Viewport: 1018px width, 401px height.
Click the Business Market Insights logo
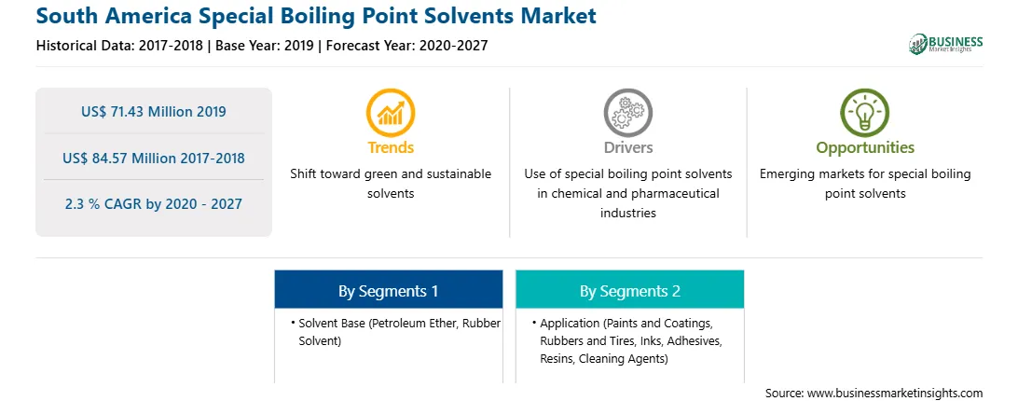[945, 44]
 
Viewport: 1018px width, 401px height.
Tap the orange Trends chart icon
[391, 113]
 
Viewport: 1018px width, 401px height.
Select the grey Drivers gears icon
[627, 113]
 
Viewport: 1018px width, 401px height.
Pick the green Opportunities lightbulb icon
[865, 113]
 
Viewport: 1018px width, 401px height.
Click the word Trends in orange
[391, 147]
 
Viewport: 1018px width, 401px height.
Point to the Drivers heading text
[627, 147]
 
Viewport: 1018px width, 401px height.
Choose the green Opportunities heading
[865, 148]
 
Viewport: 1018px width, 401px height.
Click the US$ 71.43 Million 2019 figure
[154, 111]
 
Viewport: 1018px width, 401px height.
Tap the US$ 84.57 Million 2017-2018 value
[154, 158]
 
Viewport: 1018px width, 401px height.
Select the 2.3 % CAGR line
[154, 203]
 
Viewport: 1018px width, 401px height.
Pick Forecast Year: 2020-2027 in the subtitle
[407, 46]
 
